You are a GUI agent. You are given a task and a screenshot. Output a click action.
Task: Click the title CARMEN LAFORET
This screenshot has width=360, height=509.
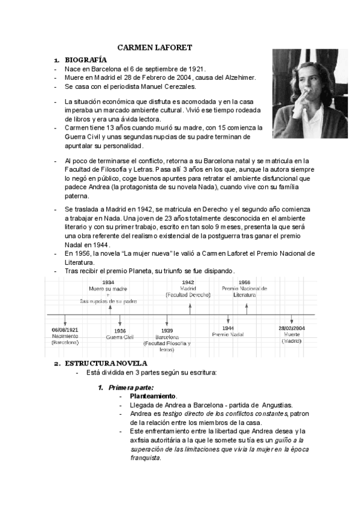[x=154, y=47]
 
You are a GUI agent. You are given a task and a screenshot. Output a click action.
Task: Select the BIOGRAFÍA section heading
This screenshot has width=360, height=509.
[x=86, y=60]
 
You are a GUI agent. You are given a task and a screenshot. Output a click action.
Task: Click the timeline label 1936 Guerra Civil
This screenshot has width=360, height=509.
[x=120, y=334]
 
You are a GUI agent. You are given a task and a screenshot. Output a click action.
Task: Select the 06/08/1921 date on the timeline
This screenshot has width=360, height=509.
[x=64, y=330]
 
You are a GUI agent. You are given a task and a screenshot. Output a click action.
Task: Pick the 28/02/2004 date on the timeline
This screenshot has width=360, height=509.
[x=292, y=328]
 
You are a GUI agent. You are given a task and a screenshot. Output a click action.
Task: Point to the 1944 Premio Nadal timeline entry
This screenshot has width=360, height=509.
[x=227, y=332]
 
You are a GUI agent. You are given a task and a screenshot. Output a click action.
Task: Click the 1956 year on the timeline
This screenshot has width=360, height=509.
[x=244, y=282]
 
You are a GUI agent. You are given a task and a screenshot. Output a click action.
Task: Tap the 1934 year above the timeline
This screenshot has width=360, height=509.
[x=109, y=282]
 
